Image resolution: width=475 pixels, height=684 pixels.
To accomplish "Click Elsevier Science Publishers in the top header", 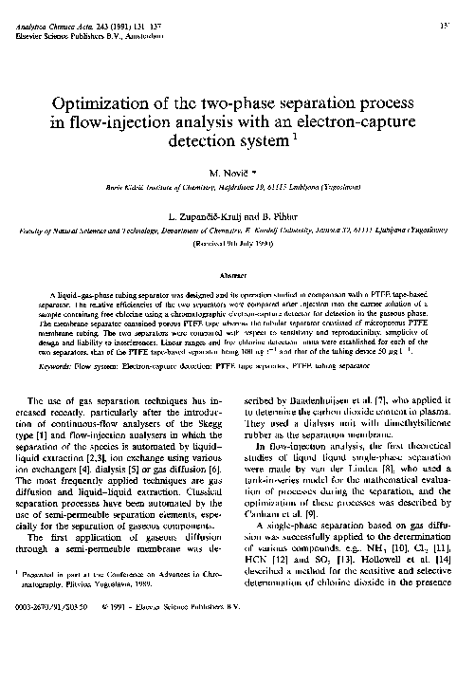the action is tap(52, 18).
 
